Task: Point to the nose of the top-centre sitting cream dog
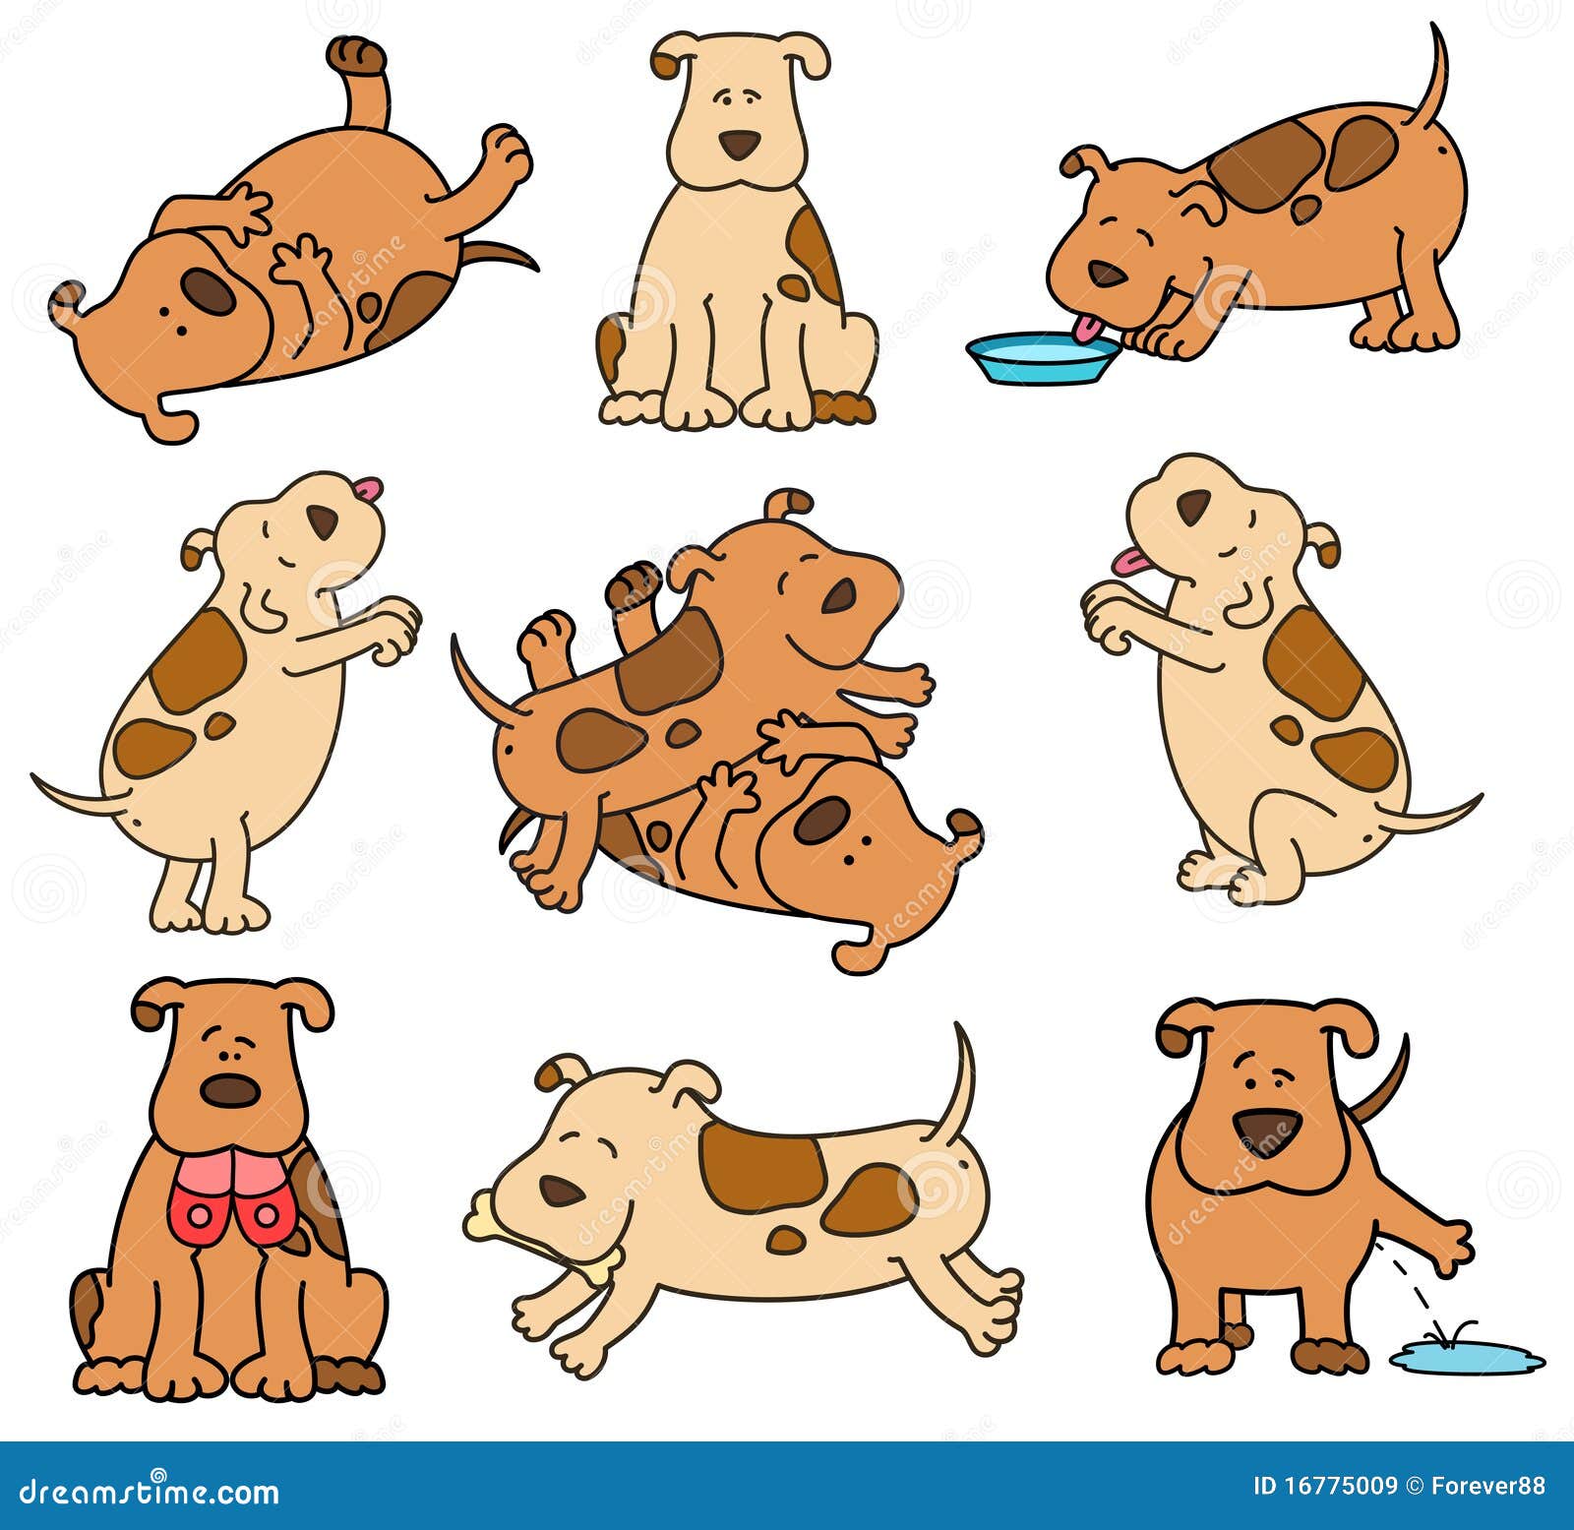click(x=738, y=144)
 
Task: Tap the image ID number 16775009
click(x=1324, y=1486)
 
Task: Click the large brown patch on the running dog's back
click(x=762, y=1166)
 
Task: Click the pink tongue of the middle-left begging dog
click(x=368, y=488)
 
